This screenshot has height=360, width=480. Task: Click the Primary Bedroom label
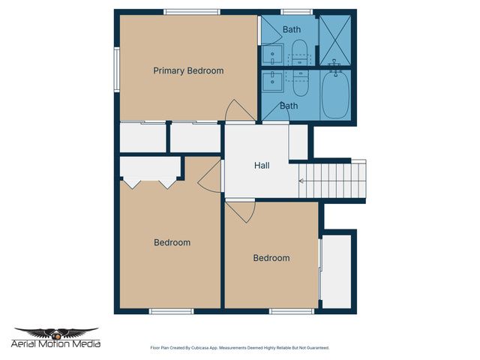point(188,70)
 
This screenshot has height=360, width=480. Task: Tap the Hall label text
point(262,166)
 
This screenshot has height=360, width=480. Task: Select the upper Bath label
point(292,29)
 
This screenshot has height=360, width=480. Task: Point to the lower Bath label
point(289,106)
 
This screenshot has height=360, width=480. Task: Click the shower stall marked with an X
point(334,40)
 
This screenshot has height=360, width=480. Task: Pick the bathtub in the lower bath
point(335,95)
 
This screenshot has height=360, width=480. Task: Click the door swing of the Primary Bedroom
point(238,111)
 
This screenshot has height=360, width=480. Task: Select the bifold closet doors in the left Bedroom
point(148,181)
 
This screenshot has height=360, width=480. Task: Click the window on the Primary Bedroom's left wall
point(116,70)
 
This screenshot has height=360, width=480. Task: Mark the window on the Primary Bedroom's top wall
point(192,11)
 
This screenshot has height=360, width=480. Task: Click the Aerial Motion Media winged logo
point(56,331)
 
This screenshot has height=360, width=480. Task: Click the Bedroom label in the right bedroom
point(271,258)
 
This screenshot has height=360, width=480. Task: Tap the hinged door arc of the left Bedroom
point(211,177)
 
